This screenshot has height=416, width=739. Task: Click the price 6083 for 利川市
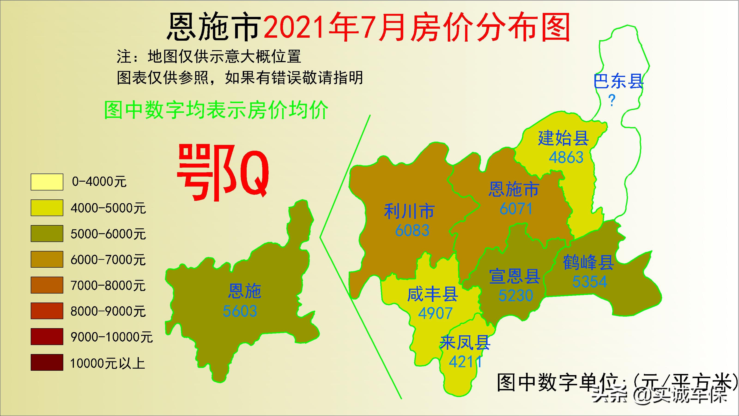pos(412,231)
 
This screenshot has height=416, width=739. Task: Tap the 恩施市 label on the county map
pos(514,190)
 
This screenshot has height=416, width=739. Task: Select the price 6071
pos(516,209)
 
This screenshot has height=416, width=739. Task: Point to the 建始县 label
pos(563,138)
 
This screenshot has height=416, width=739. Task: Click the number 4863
pos(566,157)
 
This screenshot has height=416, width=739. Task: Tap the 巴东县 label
pos(618,81)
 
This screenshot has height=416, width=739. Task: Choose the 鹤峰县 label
pos(588,262)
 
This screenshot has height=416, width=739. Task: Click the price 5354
pos(590,282)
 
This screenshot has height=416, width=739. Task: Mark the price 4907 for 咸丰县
pos(435,313)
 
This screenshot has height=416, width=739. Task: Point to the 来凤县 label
pos(465,343)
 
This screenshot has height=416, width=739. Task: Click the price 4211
pos(465,362)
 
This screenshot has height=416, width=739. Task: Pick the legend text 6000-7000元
pos(108,260)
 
